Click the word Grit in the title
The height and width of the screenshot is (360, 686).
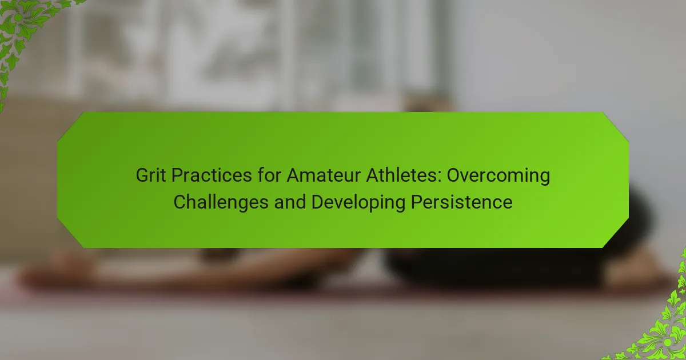point(151,175)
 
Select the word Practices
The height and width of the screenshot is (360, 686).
point(212,175)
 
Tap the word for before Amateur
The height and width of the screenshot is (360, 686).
point(269,175)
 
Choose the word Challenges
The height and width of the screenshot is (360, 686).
point(221,203)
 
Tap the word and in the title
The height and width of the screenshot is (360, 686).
point(290,202)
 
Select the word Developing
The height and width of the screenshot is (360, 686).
point(358,203)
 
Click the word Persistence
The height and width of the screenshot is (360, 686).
point(461,202)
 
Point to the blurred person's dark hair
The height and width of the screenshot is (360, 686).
point(521,245)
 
